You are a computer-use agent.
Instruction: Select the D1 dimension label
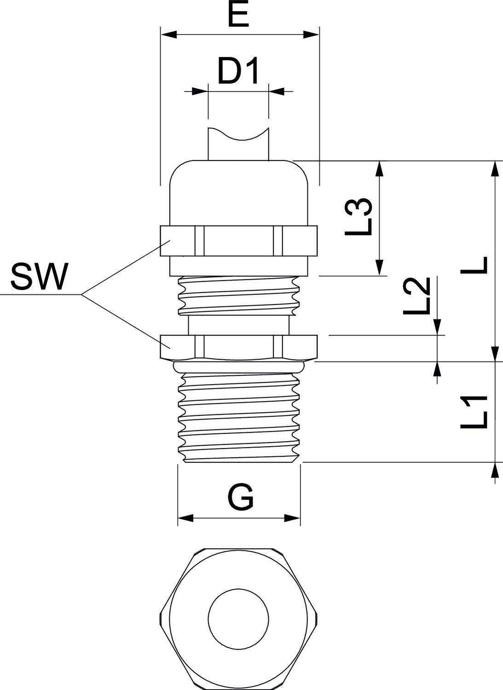(238, 72)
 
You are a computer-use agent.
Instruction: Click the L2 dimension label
(416, 296)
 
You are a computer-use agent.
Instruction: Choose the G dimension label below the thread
(240, 498)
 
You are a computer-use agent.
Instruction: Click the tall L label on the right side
(474, 265)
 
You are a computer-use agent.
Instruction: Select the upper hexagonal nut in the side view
(238, 241)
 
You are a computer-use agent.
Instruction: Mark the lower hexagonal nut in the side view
(238, 347)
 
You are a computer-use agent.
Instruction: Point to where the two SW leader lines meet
(81, 294)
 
